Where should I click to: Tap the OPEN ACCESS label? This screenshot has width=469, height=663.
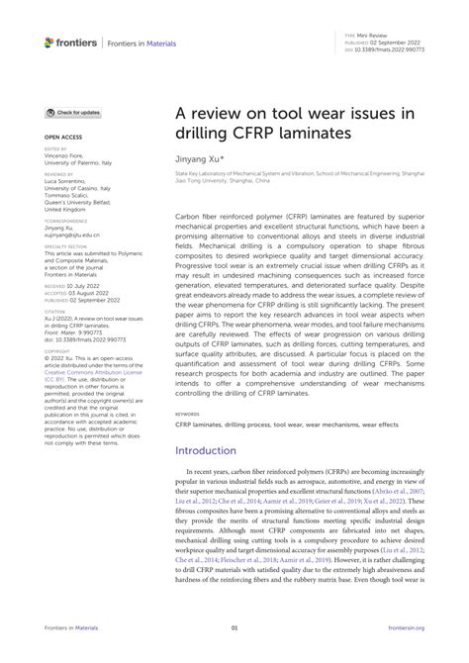pyautogui.click(x=62, y=138)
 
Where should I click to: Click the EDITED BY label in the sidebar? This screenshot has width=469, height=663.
pyautogui.click(x=55, y=150)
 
